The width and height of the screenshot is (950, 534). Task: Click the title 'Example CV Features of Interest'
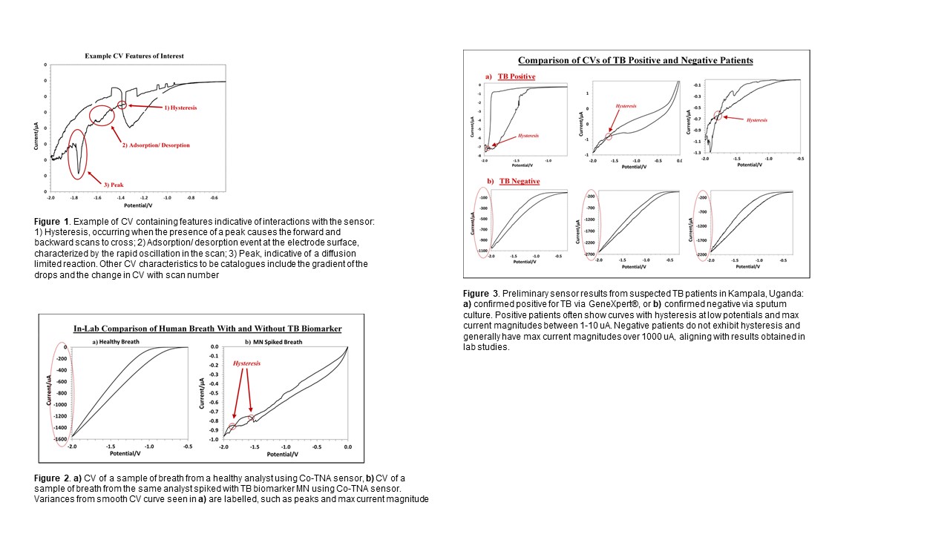tap(134, 56)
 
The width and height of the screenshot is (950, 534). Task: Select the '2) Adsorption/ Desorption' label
tap(155, 145)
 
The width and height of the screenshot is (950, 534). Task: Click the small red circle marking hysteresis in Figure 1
tap(122, 105)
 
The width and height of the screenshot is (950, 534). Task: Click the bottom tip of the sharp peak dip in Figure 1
tap(78, 175)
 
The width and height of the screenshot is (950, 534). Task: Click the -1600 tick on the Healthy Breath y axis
tap(59, 438)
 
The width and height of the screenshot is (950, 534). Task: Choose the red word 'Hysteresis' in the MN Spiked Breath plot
tap(247, 364)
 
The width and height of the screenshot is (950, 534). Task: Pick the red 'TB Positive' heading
tap(517, 76)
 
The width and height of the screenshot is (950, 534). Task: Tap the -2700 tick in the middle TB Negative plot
tap(589, 254)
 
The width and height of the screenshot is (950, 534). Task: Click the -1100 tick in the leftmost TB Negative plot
tap(482, 251)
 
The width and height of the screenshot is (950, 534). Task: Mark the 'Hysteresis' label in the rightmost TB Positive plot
tap(757, 119)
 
